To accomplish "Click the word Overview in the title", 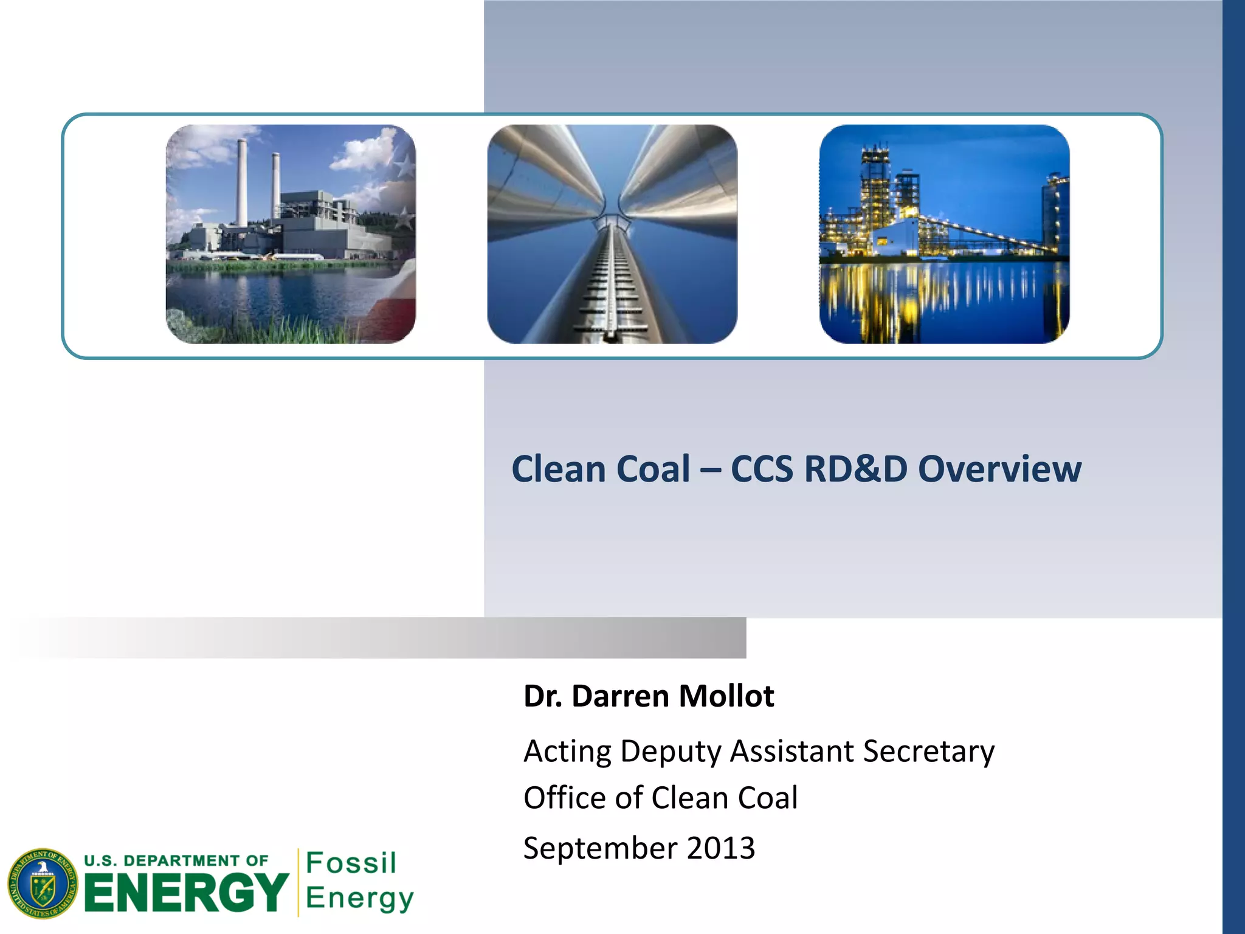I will (999, 469).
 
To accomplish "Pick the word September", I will (600, 848).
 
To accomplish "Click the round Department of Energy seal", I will (43, 884).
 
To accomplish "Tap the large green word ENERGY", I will (186, 893).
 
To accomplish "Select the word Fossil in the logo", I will (351, 863).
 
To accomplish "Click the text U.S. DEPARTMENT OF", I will (176, 860).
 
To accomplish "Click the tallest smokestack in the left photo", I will (242, 182).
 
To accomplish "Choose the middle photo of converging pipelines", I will (612, 234).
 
